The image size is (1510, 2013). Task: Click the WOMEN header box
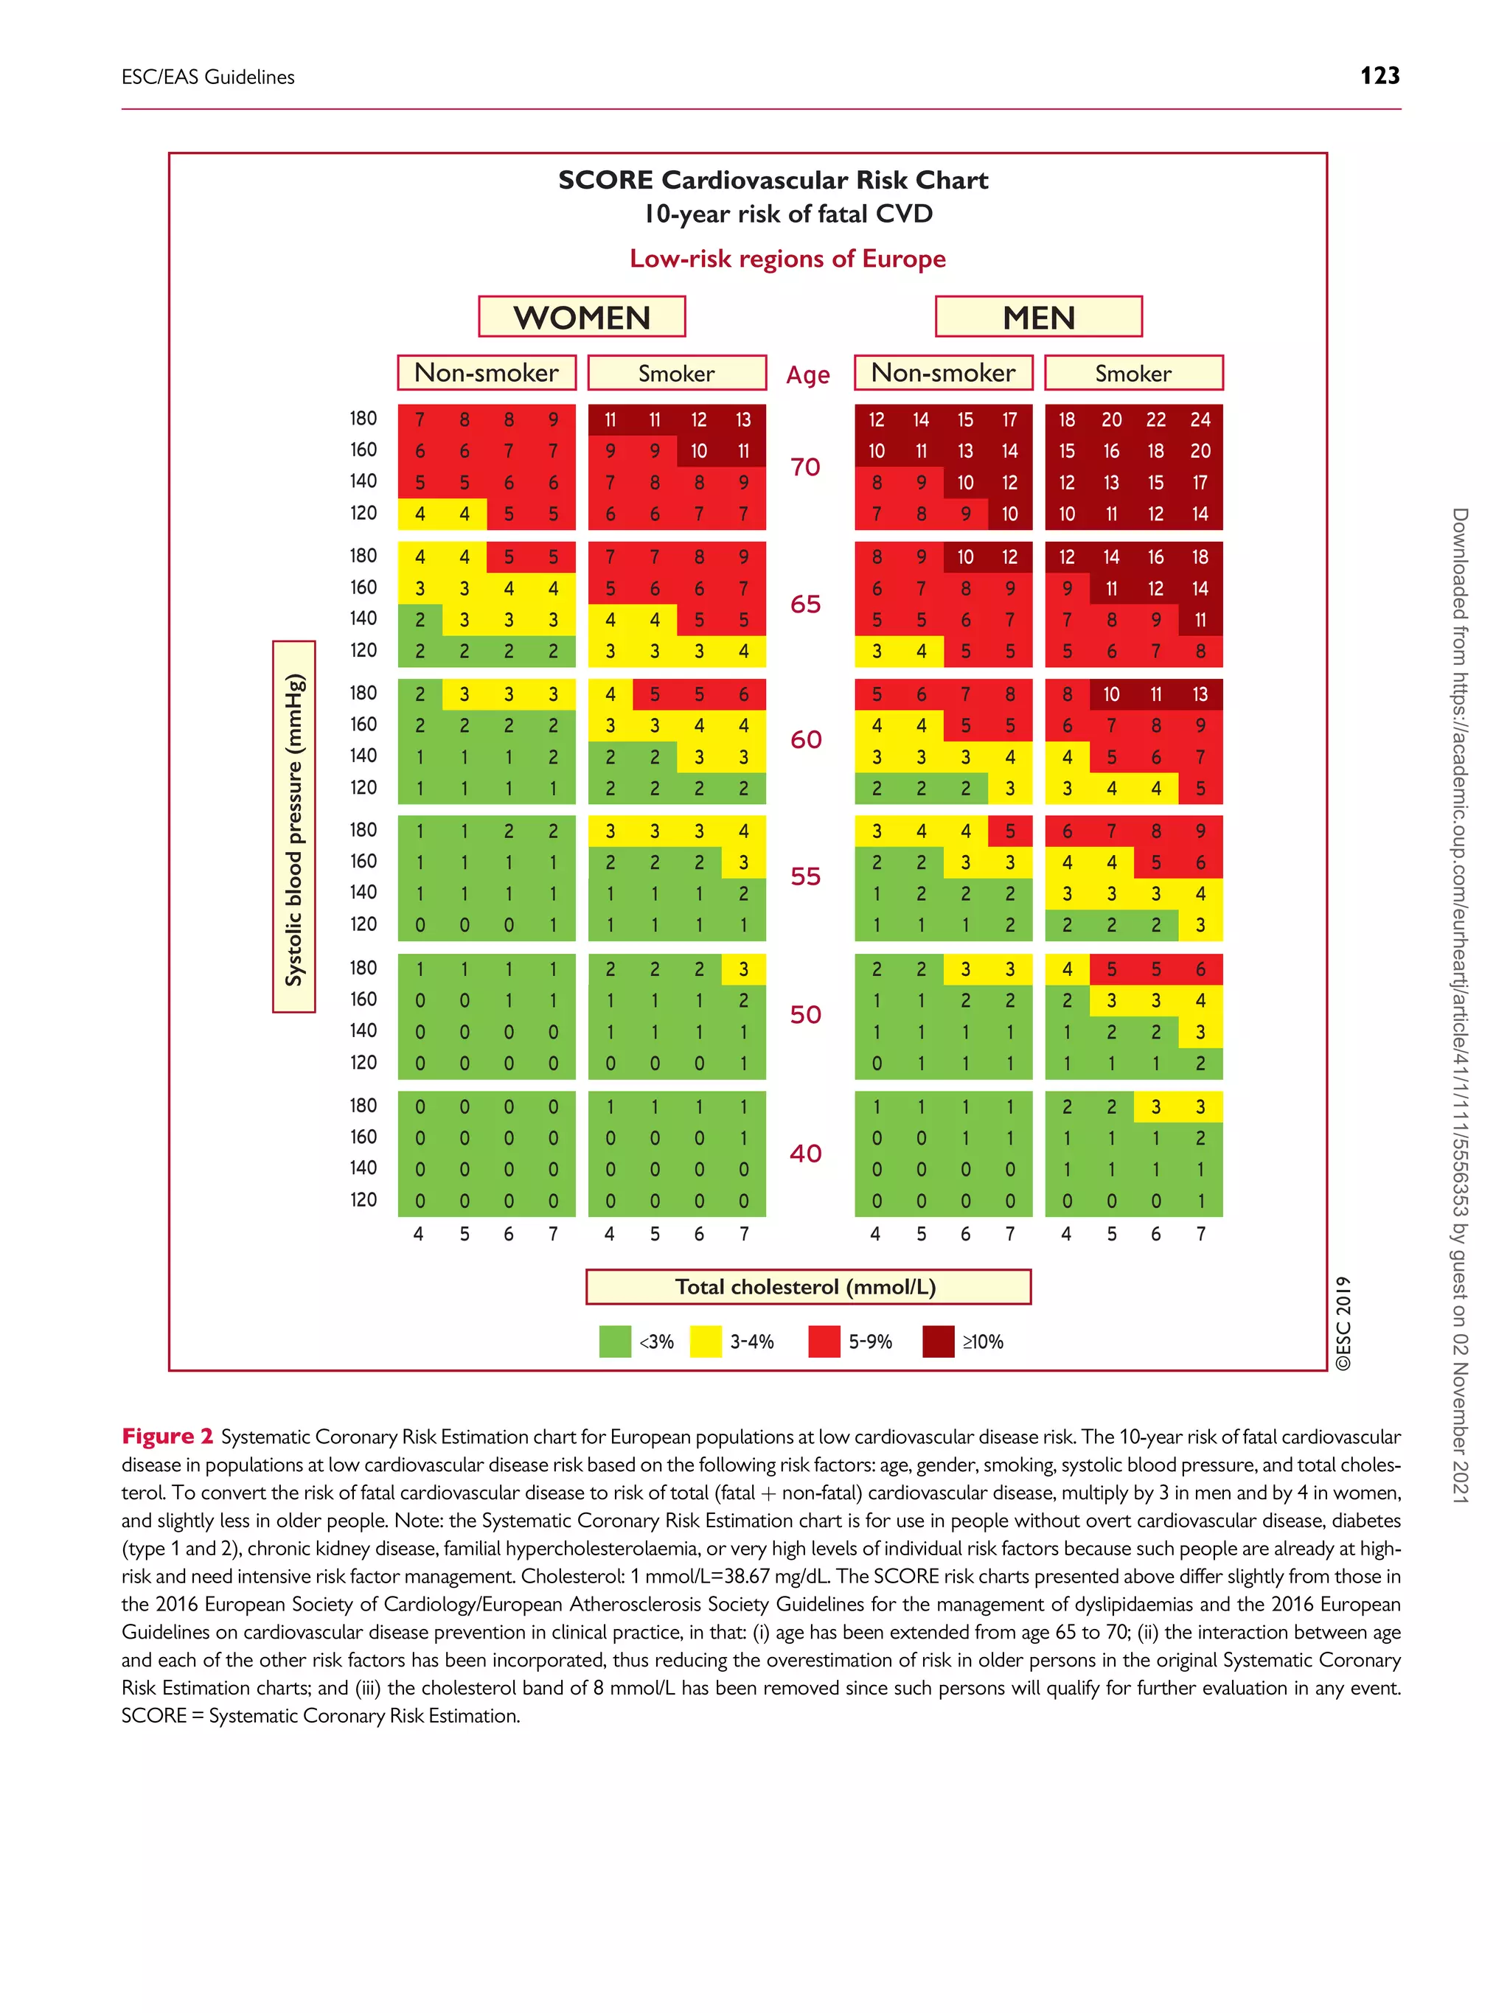click(582, 317)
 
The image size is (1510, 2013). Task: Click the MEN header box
click(1039, 317)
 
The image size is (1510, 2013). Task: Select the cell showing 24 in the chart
click(1200, 419)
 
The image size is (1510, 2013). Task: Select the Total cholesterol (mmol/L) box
click(807, 1286)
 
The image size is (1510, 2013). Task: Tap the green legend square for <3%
click(616, 1342)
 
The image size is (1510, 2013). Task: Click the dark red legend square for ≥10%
click(939, 1342)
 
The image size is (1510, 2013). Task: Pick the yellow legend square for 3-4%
click(706, 1342)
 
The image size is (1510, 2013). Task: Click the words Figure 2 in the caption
click(167, 1436)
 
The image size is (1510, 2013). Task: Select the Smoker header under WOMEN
click(676, 373)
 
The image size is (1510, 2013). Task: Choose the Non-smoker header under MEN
click(943, 373)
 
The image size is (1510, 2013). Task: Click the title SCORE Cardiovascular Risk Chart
click(773, 180)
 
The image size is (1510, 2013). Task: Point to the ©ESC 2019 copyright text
click(1343, 1323)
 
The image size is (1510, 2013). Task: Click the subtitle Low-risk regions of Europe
click(787, 259)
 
